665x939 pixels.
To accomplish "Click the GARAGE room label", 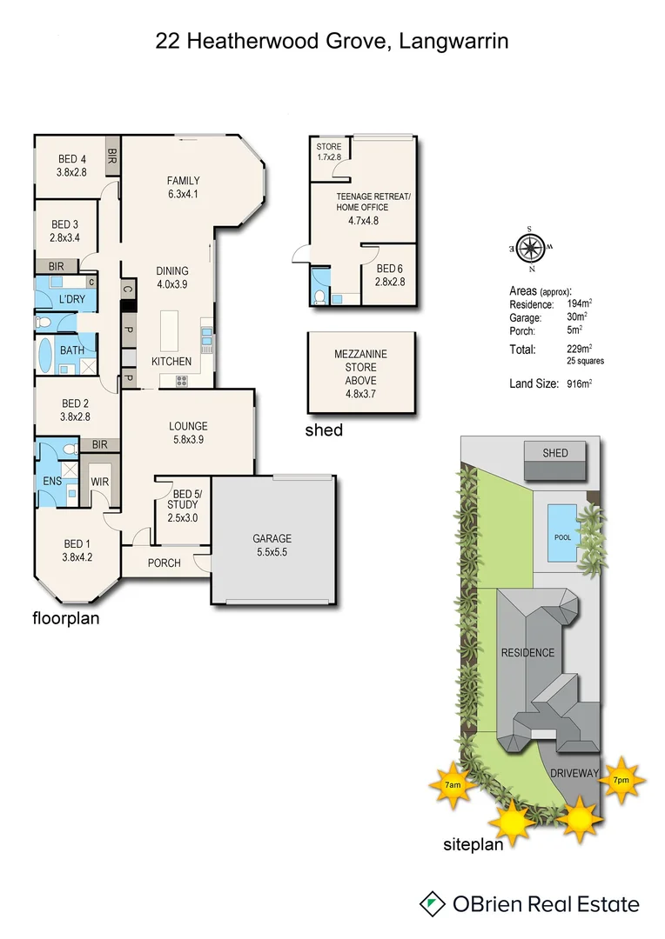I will point(272,538).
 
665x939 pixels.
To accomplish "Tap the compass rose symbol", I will point(529,249).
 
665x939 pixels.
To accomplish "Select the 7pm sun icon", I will point(621,780).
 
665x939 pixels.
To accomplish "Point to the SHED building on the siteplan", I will point(555,454).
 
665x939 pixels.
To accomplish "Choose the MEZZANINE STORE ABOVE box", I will point(360,372).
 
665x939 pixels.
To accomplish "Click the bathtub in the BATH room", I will point(46,356).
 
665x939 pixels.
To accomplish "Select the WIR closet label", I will point(98,481).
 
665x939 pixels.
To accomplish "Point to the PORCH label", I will point(164,563).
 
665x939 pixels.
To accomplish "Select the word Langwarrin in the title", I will point(454,40).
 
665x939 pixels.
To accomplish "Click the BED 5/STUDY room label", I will point(183,504).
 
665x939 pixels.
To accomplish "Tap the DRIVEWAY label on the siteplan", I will point(574,773).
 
